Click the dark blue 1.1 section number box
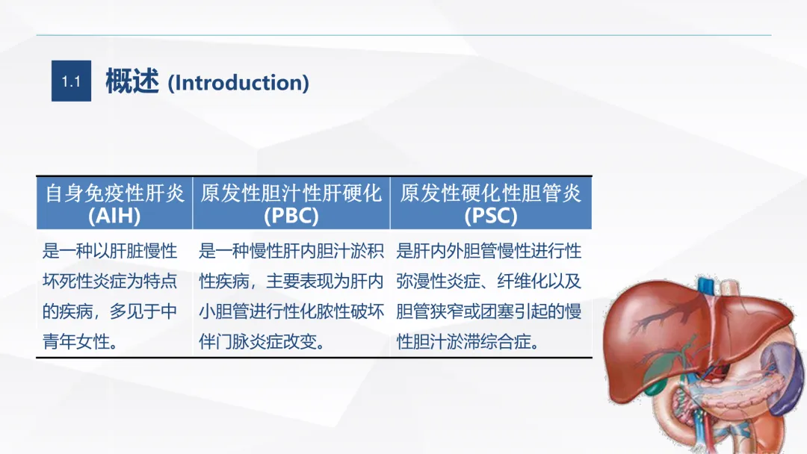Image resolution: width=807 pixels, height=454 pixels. [71, 81]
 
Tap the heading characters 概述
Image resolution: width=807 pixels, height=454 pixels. [132, 81]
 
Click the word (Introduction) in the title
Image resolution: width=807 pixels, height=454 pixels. [238, 83]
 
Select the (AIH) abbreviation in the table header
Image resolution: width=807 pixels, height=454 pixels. [114, 216]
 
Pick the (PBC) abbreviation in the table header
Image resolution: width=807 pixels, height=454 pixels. [291, 216]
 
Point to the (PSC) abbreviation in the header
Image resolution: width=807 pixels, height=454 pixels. [490, 216]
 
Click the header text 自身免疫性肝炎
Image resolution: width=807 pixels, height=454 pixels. [115, 193]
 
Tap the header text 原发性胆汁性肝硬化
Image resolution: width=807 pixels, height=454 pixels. [291, 193]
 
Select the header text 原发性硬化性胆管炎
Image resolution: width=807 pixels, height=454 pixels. [490, 193]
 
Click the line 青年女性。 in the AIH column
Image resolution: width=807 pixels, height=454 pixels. [80, 341]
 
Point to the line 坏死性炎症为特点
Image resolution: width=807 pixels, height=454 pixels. [110, 282]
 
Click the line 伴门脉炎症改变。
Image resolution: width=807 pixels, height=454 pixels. [262, 341]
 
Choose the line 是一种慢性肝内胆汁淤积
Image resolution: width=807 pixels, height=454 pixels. [291, 252]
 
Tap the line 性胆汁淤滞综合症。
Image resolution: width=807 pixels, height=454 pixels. [468, 341]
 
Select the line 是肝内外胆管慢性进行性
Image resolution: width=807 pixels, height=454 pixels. [489, 252]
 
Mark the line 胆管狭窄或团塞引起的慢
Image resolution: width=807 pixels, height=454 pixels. [489, 311]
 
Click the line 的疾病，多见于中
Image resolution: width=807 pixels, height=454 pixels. [110, 311]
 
